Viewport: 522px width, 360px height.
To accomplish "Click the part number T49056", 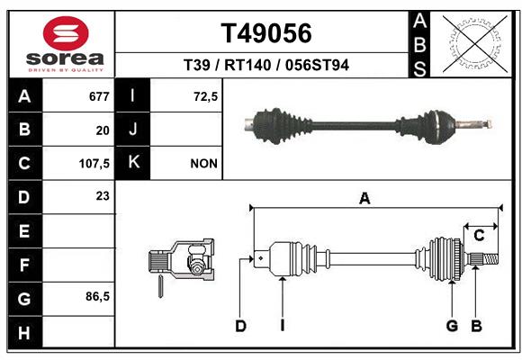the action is (266, 33).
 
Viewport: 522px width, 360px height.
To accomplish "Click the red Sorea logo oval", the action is (66, 33).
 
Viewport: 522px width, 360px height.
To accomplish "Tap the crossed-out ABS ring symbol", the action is (475, 44).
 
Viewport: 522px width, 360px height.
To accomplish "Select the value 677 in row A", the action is (99, 96).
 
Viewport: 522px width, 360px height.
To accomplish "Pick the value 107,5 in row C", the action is (94, 164).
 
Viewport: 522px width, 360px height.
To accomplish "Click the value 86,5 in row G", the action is (97, 296).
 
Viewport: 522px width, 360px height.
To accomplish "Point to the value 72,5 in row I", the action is (206, 96).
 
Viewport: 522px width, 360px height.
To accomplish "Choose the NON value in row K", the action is (203, 164).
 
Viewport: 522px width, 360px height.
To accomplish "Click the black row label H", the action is (25, 332).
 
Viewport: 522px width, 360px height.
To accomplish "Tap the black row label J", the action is (132, 129).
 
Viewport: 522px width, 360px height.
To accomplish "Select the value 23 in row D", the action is (103, 196).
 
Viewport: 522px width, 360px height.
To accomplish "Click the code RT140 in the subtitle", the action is (247, 65).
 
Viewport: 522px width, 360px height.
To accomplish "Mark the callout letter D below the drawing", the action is (240, 326).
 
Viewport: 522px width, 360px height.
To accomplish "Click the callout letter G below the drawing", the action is (452, 326).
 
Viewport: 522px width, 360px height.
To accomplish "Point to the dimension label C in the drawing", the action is (479, 236).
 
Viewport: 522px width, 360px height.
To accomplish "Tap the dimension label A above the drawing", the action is (364, 198).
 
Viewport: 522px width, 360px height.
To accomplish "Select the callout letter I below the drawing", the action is (283, 326).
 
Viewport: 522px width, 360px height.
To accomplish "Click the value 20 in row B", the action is (103, 130).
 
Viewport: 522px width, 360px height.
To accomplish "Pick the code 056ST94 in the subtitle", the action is (317, 65).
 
